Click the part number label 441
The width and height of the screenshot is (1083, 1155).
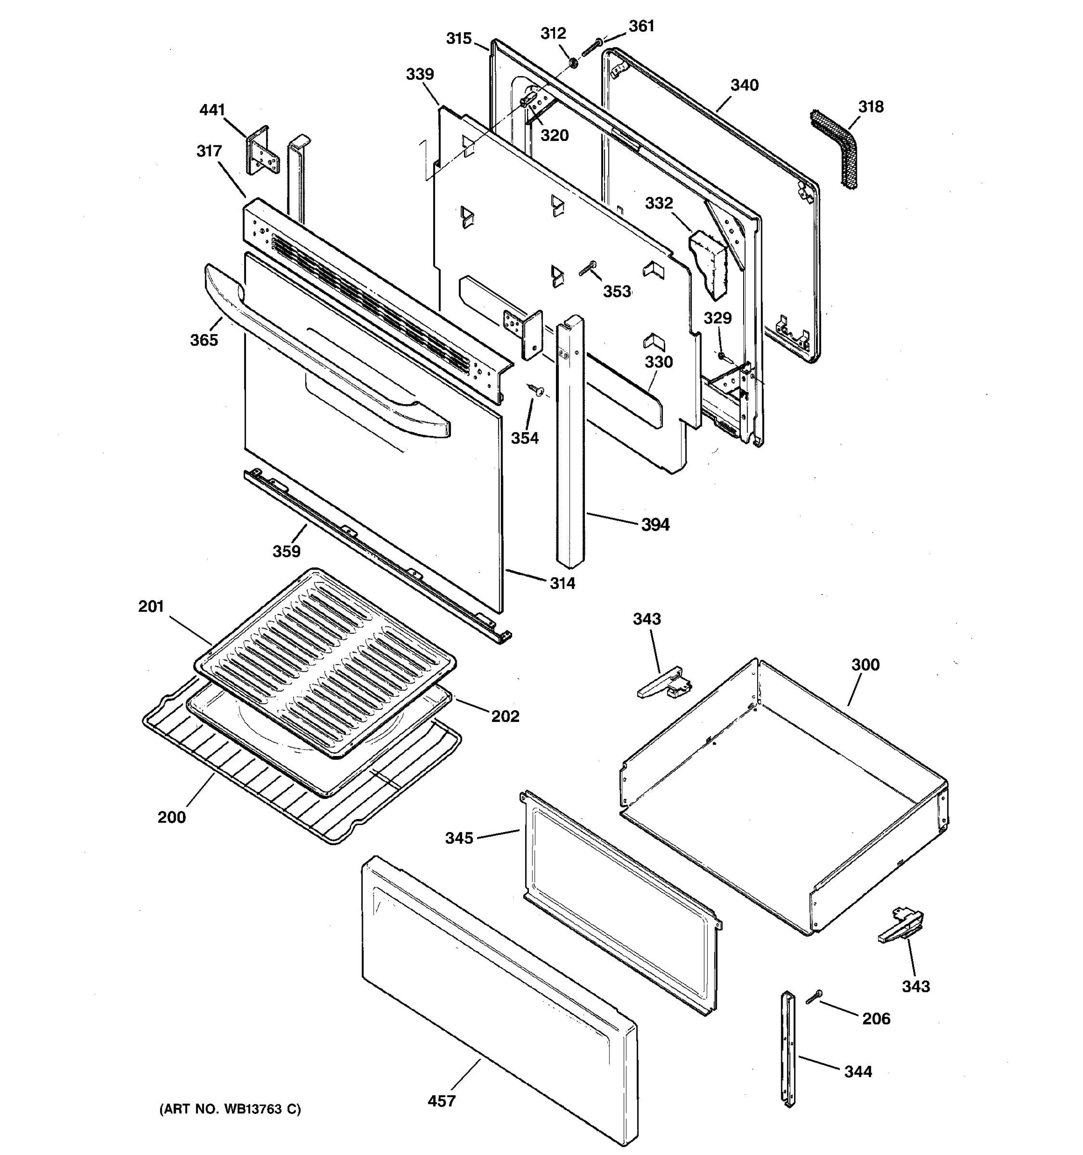(x=212, y=110)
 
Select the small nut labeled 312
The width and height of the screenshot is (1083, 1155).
(x=572, y=62)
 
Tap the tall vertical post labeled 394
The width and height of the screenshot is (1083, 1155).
(x=570, y=442)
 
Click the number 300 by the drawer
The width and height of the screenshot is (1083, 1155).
(x=865, y=665)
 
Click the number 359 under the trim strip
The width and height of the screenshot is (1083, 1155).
(x=286, y=552)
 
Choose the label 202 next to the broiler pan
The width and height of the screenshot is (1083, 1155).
(x=505, y=717)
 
